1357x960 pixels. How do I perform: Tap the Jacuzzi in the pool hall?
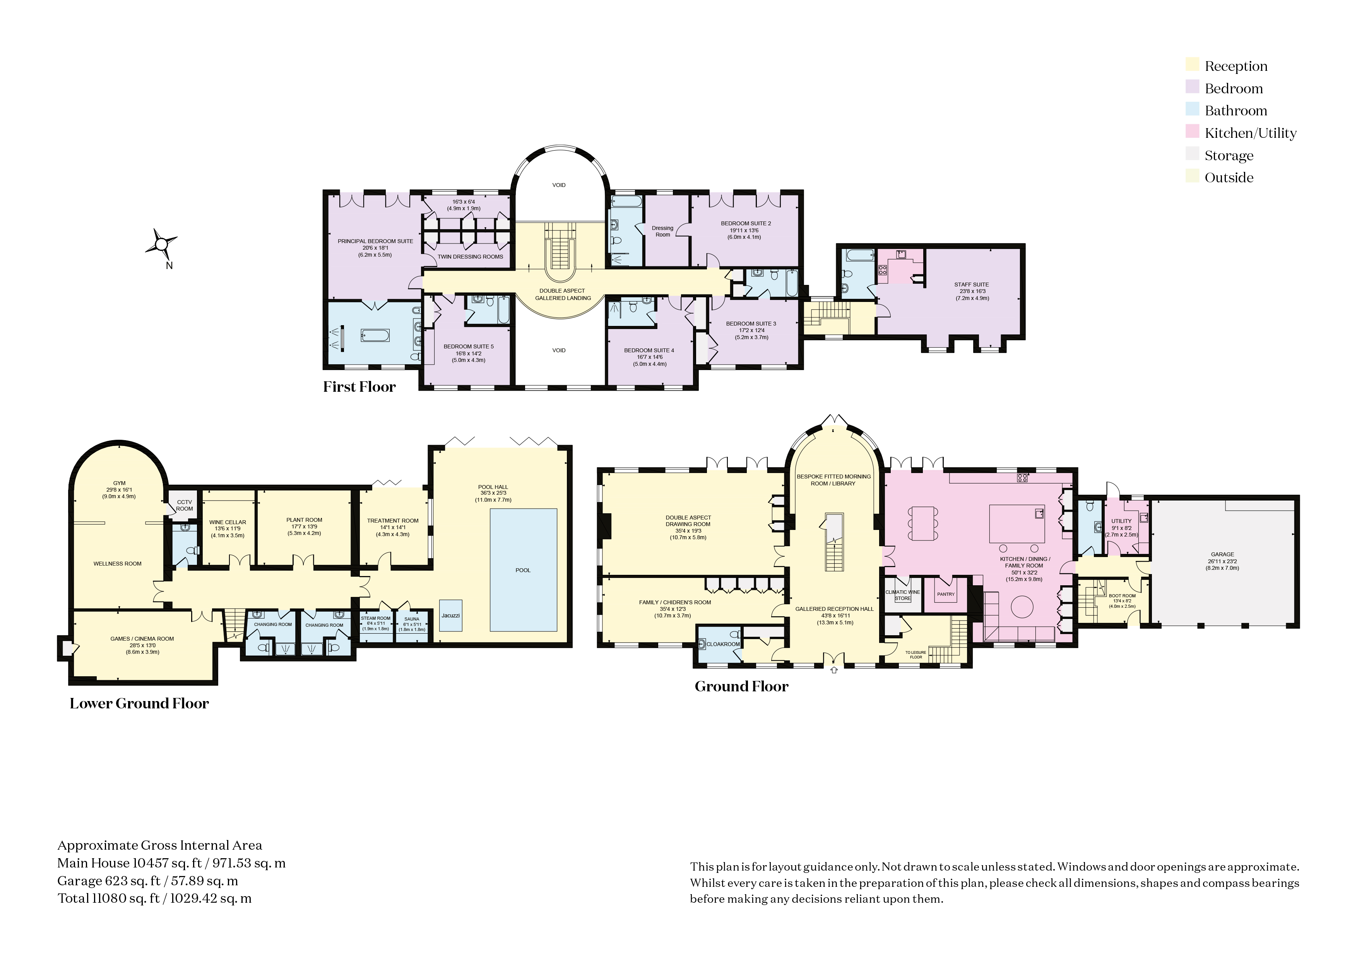(x=451, y=615)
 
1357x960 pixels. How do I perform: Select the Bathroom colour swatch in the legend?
(x=1192, y=110)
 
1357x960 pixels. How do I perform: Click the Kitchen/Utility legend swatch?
(x=1192, y=132)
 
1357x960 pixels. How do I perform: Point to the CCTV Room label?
(x=185, y=506)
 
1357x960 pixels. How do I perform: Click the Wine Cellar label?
(x=228, y=523)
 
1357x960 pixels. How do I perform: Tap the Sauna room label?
(x=412, y=619)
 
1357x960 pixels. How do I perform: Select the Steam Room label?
(x=376, y=618)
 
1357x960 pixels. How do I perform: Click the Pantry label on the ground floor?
(x=946, y=594)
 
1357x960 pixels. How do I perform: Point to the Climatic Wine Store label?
(x=902, y=595)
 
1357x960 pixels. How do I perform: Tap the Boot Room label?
(x=1122, y=596)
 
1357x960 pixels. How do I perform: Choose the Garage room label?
(x=1222, y=554)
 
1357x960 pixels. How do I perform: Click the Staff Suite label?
(x=972, y=285)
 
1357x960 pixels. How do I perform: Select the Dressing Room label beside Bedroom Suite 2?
(x=662, y=231)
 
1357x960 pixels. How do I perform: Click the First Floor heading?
(x=359, y=387)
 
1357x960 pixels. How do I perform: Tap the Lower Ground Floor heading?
(x=139, y=703)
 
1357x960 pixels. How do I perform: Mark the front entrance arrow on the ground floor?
(x=834, y=670)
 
